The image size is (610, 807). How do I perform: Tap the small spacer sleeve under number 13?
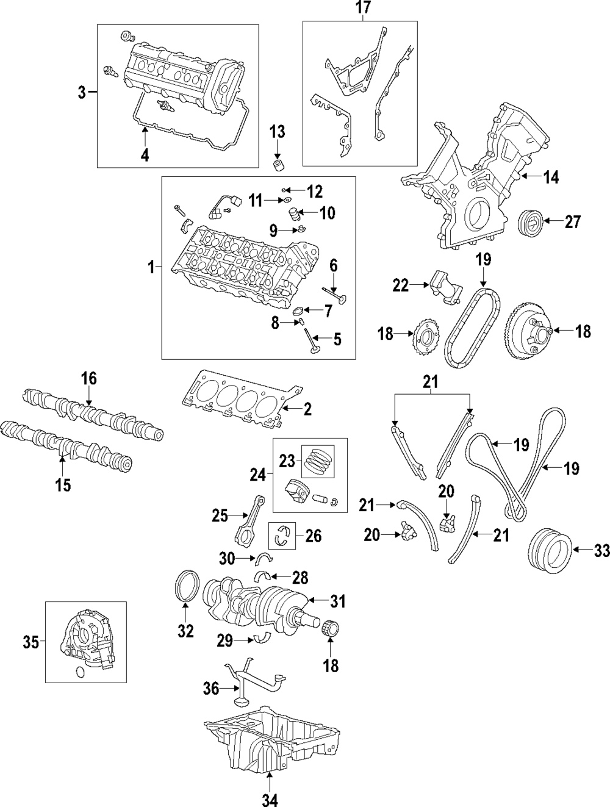coord(279,165)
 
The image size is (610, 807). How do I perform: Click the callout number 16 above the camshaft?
coord(88,378)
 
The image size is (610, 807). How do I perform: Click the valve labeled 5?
coord(310,340)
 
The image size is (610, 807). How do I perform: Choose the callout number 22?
coord(400,285)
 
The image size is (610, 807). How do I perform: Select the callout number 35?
coord(31,642)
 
